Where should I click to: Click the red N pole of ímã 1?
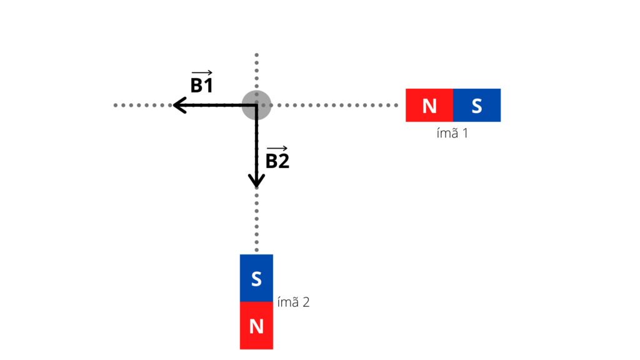tap(429, 105)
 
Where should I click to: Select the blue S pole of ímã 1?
tap(477, 105)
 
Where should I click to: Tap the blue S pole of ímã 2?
tap(256, 278)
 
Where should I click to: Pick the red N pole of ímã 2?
tap(256, 326)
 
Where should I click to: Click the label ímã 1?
tap(452, 132)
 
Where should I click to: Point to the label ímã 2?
tap(293, 302)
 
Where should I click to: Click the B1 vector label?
tap(201, 86)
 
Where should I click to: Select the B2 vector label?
tap(277, 161)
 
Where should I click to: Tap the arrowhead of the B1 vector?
tap(178, 105)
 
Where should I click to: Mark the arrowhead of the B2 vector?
tap(256, 181)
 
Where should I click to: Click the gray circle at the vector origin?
tap(256, 105)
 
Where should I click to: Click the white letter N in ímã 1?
tap(429, 106)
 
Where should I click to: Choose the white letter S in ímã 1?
tap(477, 106)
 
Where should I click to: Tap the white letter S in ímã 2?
tap(256, 279)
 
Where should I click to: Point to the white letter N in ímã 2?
tap(256, 326)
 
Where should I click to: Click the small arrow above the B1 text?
tap(201, 73)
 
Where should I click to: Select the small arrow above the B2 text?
tap(277, 148)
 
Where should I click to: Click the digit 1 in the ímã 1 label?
tap(464, 133)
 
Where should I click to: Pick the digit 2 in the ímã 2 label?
tap(306, 303)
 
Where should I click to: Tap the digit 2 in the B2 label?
tap(284, 161)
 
